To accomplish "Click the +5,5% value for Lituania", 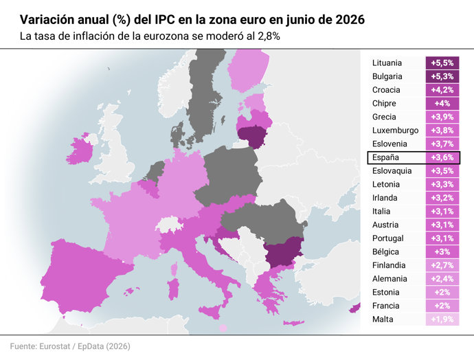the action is click(442, 63).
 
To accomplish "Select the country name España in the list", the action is click(385, 157).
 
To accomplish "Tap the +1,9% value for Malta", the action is click(442, 319).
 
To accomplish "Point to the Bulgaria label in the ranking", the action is click(387, 76).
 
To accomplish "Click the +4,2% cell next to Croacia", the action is click(442, 90).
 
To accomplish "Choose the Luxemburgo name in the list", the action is click(396, 131).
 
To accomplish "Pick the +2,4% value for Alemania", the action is click(442, 279).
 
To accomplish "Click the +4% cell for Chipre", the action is click(442, 103).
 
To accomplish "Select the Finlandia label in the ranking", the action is click(389, 265).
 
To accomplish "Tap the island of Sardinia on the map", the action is click(174, 289).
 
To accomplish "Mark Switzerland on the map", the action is click(169, 225).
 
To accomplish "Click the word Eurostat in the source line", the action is click(55, 346).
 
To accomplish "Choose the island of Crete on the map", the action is click(293, 323).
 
